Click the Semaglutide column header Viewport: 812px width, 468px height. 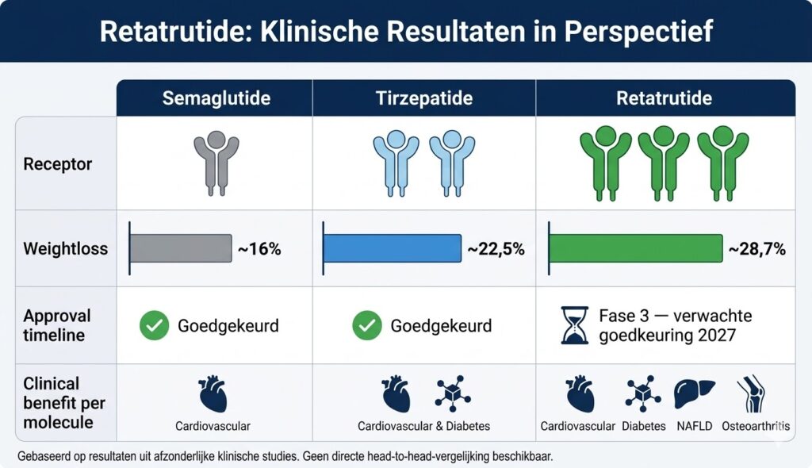[x=216, y=99]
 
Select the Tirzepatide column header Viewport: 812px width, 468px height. [x=424, y=99]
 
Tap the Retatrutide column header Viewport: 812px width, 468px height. [x=665, y=99]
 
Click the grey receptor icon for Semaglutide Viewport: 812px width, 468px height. [x=216, y=163]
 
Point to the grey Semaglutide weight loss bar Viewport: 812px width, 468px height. [x=180, y=248]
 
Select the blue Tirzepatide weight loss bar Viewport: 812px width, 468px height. [x=393, y=248]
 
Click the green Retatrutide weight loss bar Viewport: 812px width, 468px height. [x=636, y=248]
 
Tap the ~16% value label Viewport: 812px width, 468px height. [x=259, y=249]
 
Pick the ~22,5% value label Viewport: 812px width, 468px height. [x=496, y=249]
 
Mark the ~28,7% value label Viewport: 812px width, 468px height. [x=756, y=249]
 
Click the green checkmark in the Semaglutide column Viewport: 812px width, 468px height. [x=154, y=326]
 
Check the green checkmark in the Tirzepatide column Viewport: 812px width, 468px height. [x=366, y=326]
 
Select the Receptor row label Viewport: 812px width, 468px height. [x=57, y=165]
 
